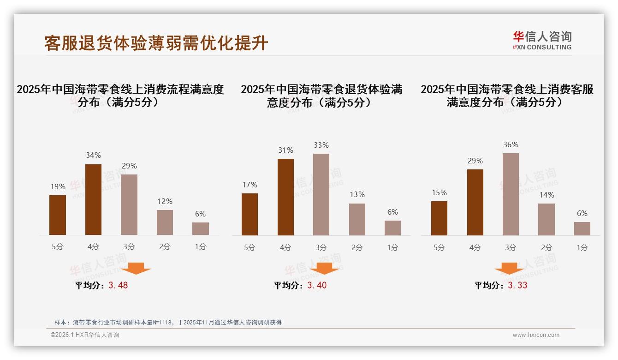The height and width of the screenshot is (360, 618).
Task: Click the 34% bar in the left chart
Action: pos(94,199)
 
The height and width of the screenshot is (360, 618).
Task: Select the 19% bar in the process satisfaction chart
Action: pos(58,215)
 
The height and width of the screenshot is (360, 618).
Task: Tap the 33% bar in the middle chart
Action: pos(321,194)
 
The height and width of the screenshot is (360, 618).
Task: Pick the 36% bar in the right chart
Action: pos(511,194)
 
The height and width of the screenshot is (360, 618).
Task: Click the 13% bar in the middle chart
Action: pos(357,219)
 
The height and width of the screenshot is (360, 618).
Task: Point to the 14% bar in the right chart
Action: pos(547,219)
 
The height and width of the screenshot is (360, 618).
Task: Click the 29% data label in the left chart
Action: pos(129,166)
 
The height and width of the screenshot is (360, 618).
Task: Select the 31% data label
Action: pos(285,150)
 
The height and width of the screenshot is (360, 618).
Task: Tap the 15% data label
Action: pos(439,193)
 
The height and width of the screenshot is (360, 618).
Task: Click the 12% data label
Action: pos(165,202)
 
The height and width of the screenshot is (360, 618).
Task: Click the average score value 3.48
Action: pos(118,285)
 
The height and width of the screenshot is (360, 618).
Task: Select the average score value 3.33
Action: pos(517,285)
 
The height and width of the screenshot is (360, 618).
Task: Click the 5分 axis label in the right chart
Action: pos(439,248)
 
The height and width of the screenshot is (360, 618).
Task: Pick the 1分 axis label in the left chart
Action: pos(201,247)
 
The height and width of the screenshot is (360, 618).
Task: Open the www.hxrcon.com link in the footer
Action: pos(536,335)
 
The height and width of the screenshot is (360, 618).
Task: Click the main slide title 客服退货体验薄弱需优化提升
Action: pos(156,43)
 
